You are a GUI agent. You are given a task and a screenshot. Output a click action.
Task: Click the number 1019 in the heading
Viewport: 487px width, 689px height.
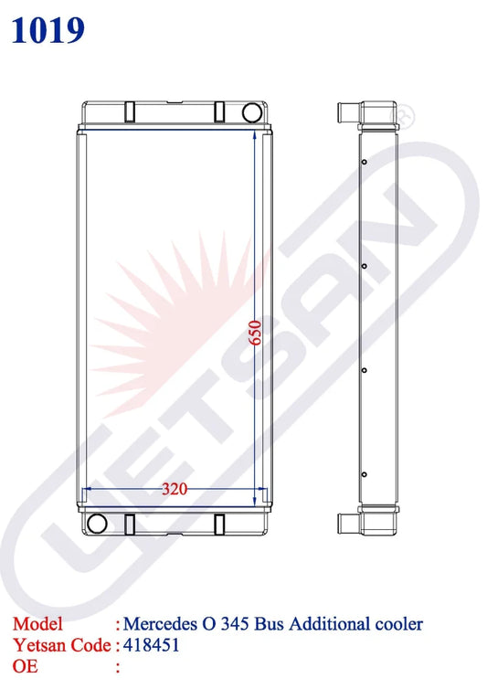coord(48,29)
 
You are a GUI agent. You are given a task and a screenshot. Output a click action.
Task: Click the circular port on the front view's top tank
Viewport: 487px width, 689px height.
coord(250,111)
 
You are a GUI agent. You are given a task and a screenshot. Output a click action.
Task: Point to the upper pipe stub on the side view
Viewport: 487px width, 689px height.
coord(347,113)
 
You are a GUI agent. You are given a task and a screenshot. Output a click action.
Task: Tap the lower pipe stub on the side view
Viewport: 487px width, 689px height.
coord(347,524)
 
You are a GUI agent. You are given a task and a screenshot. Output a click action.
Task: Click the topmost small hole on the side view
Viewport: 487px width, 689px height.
coord(364,163)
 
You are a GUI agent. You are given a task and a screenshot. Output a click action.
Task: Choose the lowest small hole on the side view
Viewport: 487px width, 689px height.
coord(364,474)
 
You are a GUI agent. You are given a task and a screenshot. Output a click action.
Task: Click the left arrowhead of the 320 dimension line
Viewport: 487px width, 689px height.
coord(88,491)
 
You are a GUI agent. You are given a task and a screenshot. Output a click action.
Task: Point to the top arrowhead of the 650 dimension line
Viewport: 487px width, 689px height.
coord(253,133)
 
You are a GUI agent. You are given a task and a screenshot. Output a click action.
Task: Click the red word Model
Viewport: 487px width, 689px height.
coord(37,624)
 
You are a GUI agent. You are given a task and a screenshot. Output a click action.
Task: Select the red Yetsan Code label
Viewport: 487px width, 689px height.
coord(60,644)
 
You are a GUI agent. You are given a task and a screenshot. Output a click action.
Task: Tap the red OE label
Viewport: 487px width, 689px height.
coord(26,665)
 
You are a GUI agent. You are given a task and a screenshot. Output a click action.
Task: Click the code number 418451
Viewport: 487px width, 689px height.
coord(152,644)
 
